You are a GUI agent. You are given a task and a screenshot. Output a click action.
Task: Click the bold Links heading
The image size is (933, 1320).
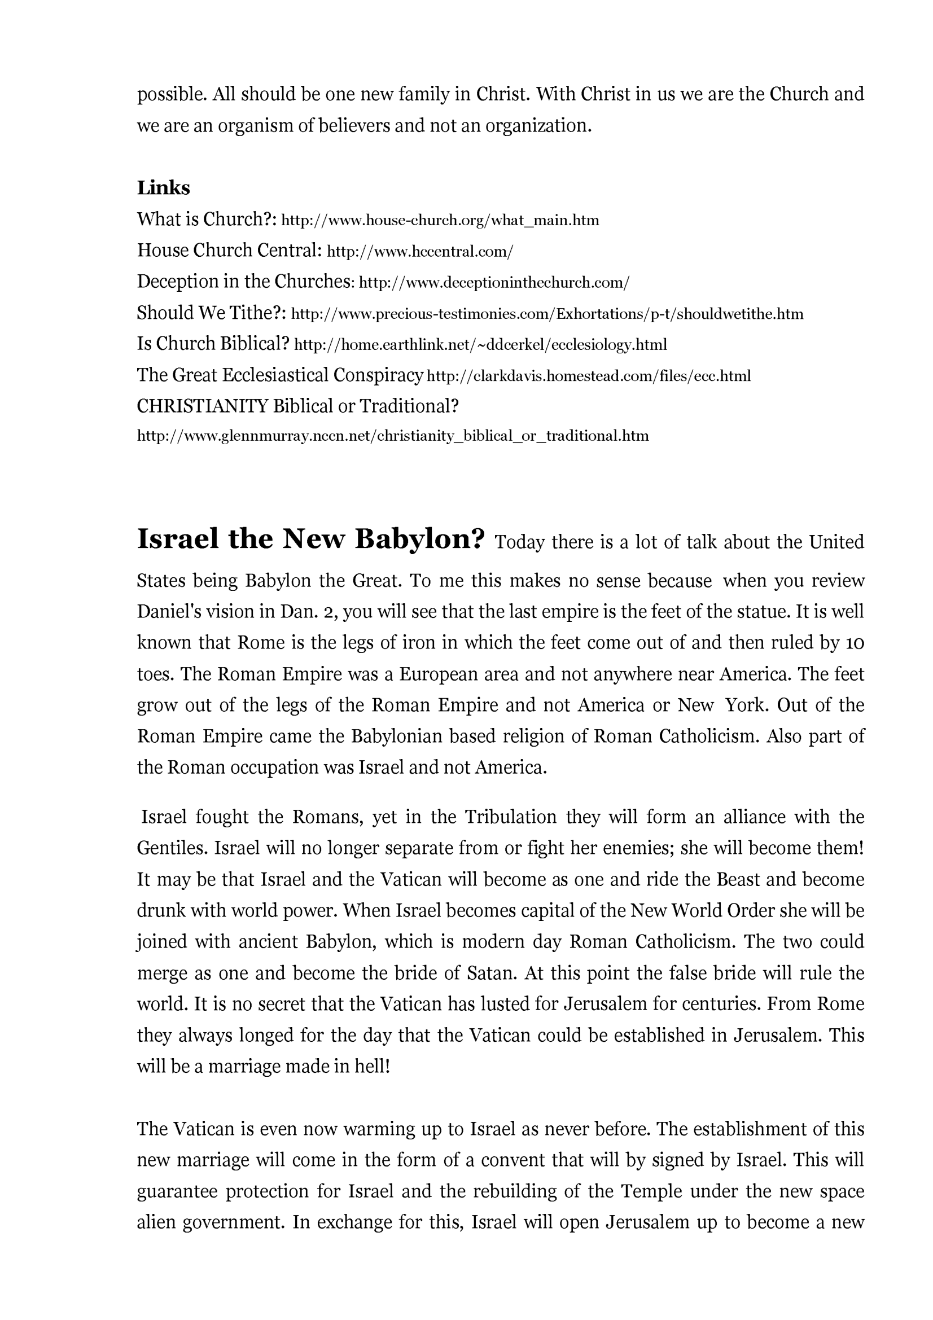tap(163, 188)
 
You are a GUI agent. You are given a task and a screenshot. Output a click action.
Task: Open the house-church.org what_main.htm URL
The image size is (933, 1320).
tap(440, 220)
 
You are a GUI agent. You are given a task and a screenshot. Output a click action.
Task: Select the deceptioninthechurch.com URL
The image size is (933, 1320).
tap(494, 282)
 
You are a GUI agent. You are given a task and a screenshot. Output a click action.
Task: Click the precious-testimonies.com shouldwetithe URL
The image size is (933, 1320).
tap(547, 314)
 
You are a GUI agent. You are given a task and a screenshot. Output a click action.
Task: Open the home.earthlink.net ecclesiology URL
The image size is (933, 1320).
tap(480, 345)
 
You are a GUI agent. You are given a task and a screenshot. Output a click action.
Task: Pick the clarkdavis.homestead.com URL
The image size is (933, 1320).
tap(589, 376)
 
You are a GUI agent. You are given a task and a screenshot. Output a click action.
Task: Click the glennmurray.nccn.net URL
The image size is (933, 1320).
tap(393, 436)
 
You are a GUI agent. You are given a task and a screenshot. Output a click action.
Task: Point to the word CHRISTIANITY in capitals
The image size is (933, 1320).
tap(203, 406)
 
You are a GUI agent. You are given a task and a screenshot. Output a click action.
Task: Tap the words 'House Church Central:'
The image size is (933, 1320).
tap(229, 251)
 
